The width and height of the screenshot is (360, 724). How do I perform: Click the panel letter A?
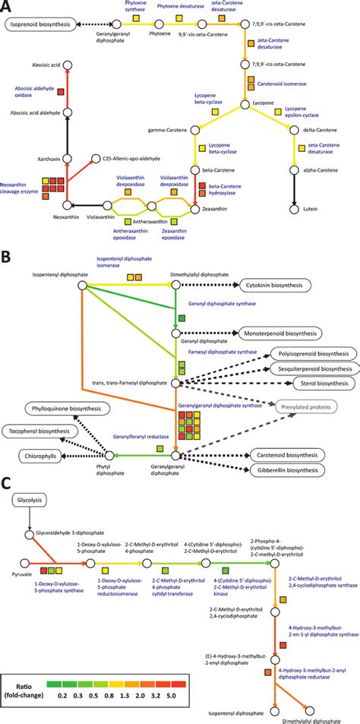tap(7, 8)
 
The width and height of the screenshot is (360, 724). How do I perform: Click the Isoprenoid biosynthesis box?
tap(43, 25)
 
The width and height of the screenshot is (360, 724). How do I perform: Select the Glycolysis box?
tap(29, 523)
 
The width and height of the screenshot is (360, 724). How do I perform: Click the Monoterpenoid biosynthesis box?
tap(283, 333)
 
